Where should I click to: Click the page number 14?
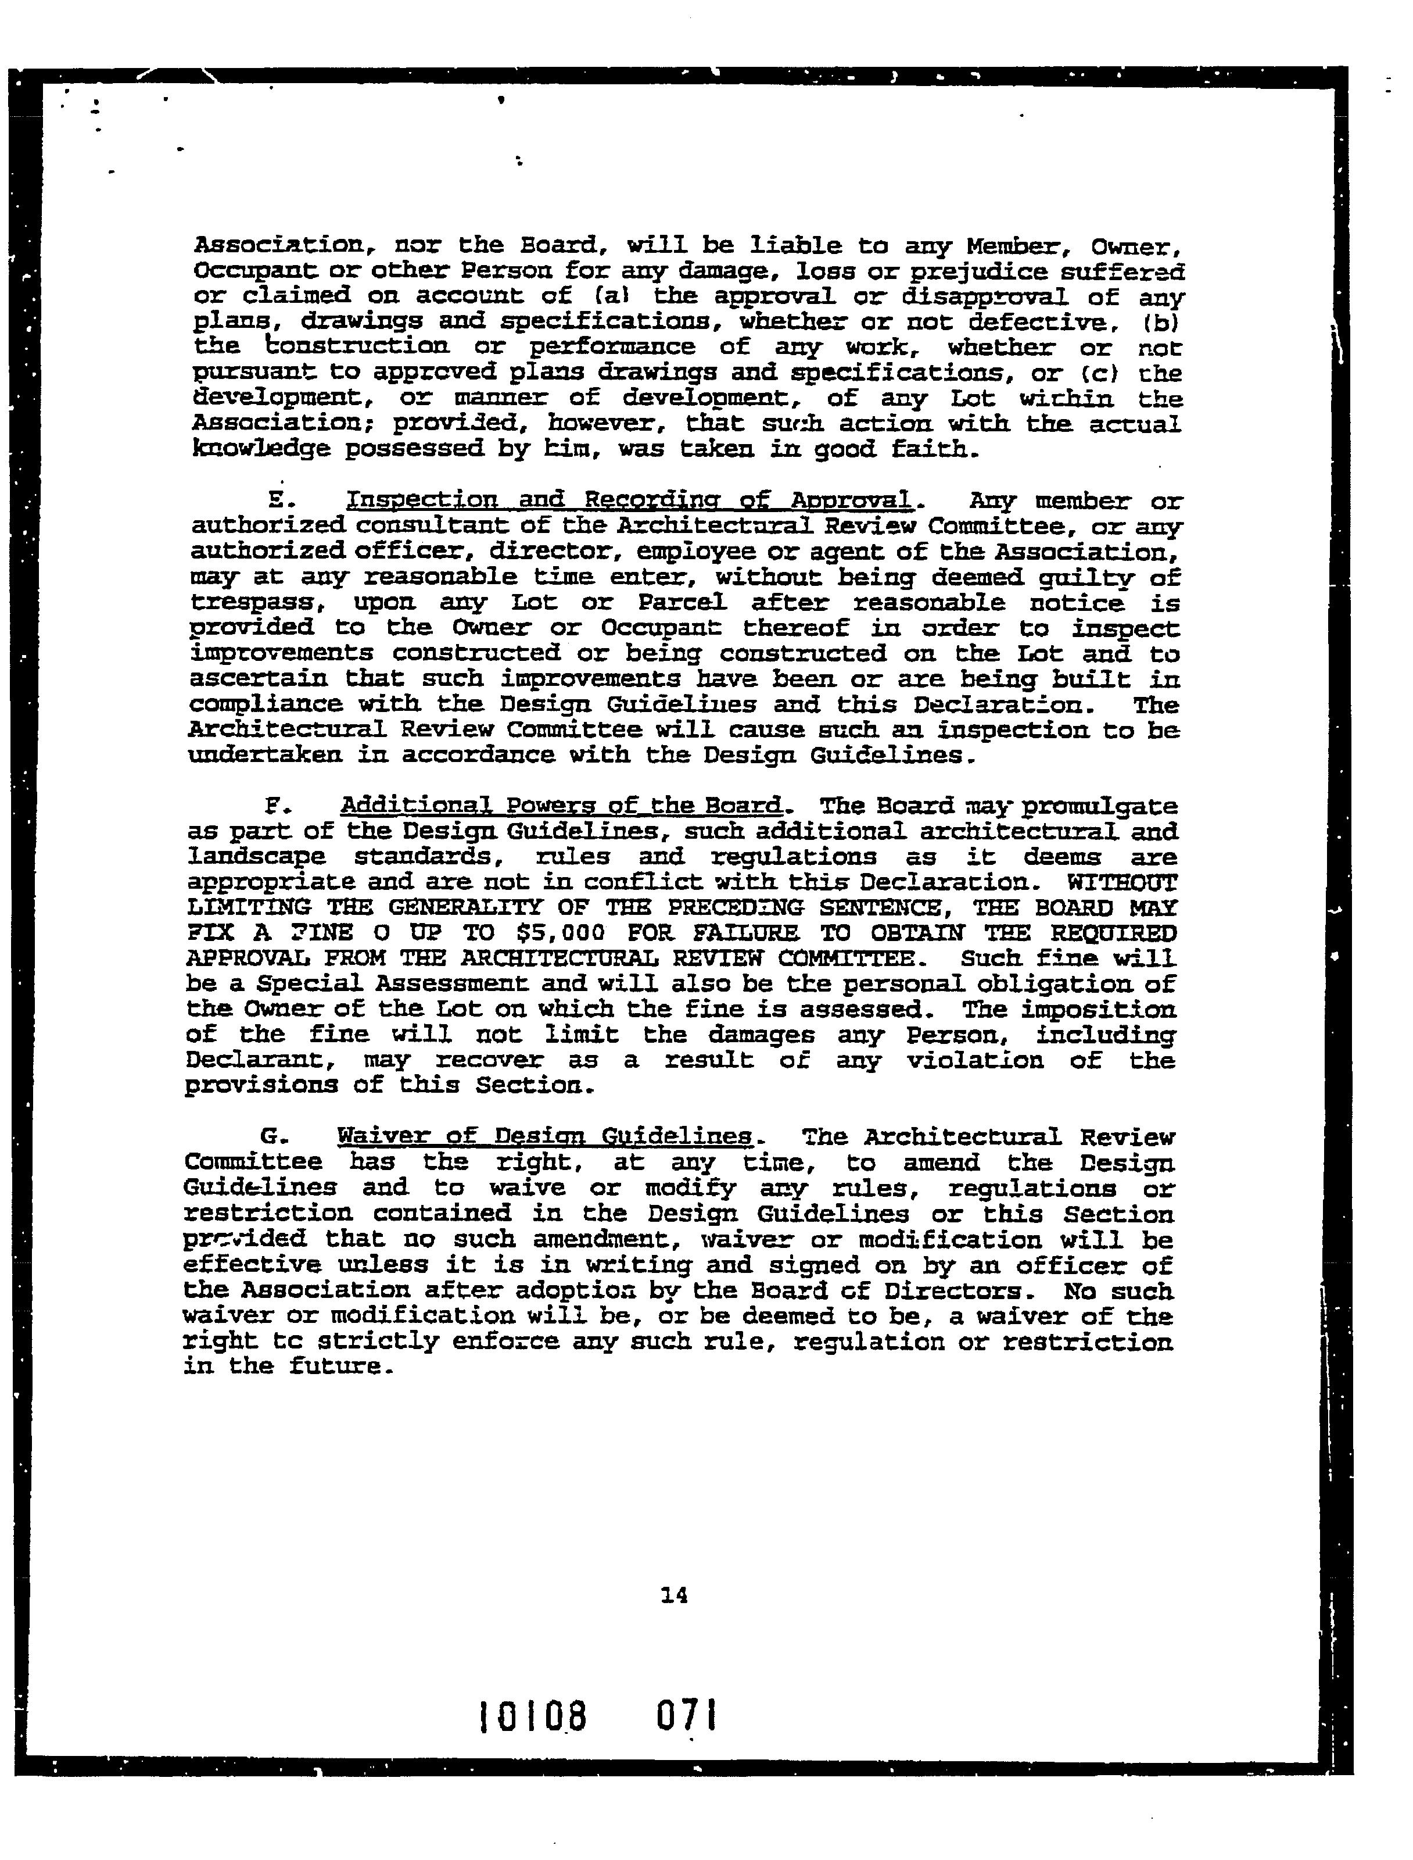click(x=675, y=1594)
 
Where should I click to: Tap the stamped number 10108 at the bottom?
click(x=532, y=1717)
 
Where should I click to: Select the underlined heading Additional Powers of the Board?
click(x=562, y=806)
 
